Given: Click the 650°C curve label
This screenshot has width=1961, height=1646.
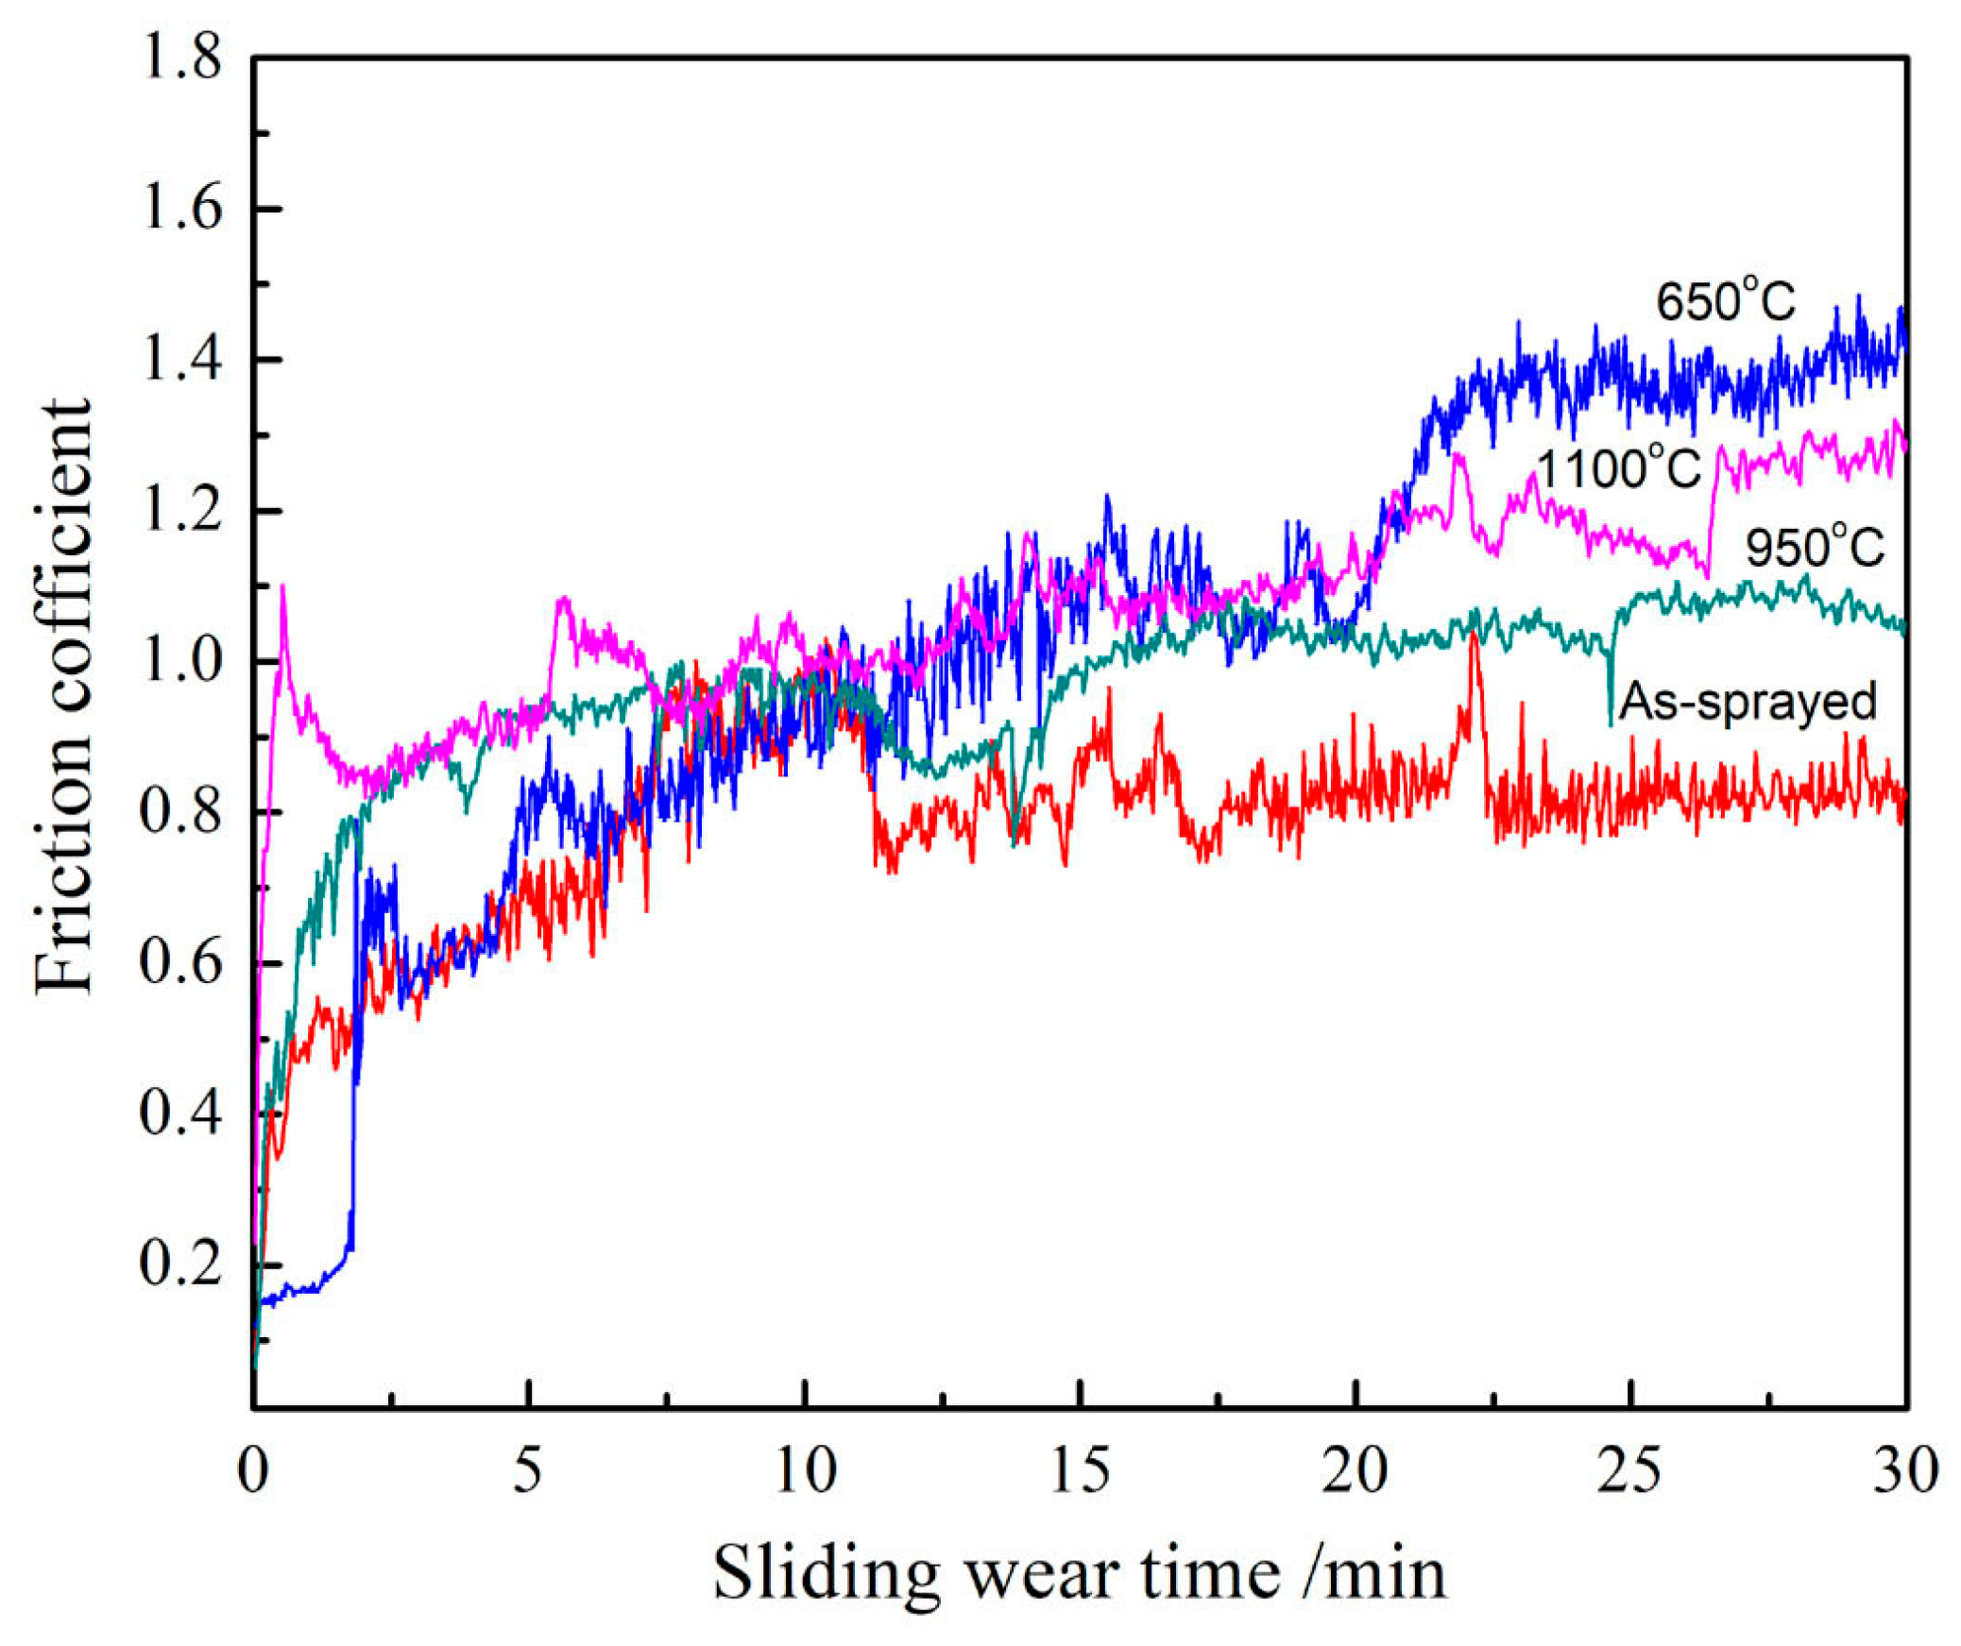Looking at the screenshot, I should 1725,304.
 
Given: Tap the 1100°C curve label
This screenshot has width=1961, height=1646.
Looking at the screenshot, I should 1618,468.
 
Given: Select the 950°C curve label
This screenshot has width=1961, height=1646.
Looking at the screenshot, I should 1814,548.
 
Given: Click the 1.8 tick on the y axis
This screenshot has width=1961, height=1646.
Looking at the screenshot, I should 179,59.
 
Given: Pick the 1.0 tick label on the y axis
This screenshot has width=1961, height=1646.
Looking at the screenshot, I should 179,662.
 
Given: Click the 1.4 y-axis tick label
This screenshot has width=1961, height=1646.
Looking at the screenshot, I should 179,361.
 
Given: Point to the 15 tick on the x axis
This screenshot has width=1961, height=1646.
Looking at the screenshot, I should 1080,1471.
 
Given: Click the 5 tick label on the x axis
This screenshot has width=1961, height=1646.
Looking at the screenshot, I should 529,1471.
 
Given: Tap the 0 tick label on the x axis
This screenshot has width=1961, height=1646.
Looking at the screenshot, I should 253,1471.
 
